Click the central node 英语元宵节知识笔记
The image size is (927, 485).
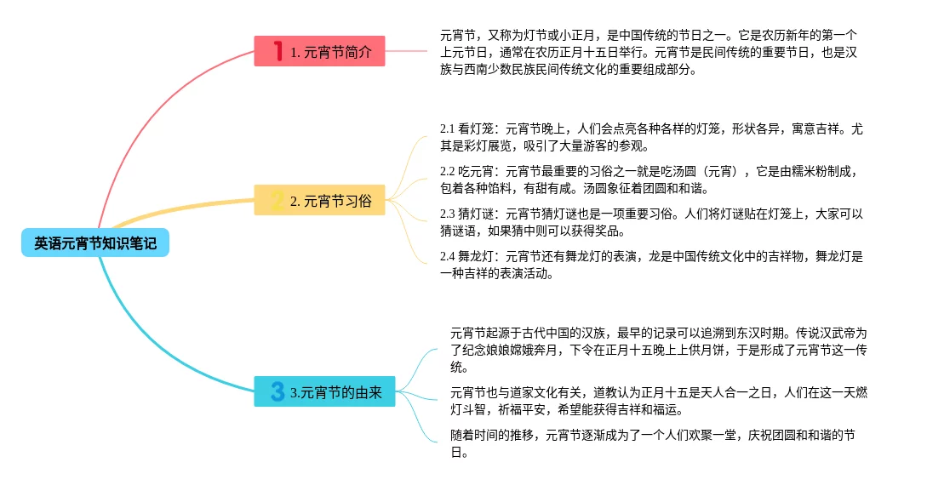coord(95,243)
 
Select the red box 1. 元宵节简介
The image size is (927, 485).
coord(319,51)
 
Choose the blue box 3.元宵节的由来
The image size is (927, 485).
coord(324,391)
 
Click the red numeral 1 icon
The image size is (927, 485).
coord(277,51)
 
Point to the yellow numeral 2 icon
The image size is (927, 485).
coord(277,201)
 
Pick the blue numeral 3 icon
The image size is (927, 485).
coord(277,391)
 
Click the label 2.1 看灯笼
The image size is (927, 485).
coord(469,129)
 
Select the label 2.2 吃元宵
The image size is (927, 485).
coord(469,171)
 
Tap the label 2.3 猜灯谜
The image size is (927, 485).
coord(469,214)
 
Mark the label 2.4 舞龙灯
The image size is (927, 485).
coord(469,256)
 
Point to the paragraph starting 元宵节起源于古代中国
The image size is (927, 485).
coord(658,350)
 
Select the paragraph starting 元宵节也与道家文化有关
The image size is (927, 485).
coord(658,401)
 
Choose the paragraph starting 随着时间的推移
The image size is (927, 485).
coord(652,443)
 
